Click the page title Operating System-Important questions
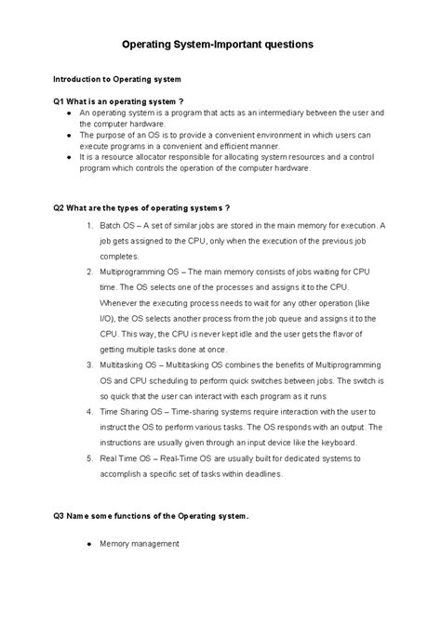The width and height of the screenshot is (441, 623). (x=220, y=44)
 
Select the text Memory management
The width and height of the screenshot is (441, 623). (x=139, y=543)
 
